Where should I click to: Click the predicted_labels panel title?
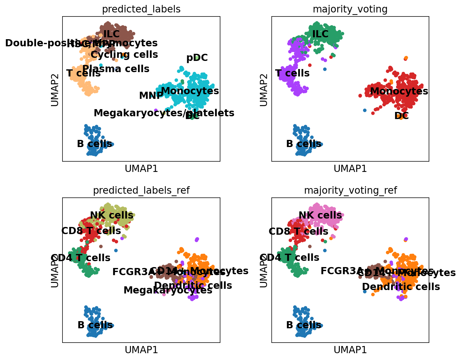pos(141,9)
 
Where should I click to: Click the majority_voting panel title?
pos(350,9)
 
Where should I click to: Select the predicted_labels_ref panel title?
pos(141,190)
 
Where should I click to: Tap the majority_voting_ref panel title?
pos(350,190)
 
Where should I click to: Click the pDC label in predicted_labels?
pos(197,58)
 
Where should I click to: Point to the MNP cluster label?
pos(151,96)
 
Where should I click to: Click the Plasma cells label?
pos(116,69)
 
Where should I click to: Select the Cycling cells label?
pos(124,55)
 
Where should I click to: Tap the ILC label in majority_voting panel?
pos(320,34)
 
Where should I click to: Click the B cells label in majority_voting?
pos(303,144)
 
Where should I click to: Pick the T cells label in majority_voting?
pos(293,73)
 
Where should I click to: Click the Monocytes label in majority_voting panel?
pos(399,91)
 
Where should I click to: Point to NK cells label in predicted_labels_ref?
pos(112,215)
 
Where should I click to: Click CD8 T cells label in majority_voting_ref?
pos(298,231)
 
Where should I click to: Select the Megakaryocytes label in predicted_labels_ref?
pos(168,290)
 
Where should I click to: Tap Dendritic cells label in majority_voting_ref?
pos(401,287)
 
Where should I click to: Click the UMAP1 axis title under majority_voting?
pos(350,168)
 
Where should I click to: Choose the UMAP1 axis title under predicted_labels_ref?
pos(141,350)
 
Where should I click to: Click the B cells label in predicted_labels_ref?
pos(95,325)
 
